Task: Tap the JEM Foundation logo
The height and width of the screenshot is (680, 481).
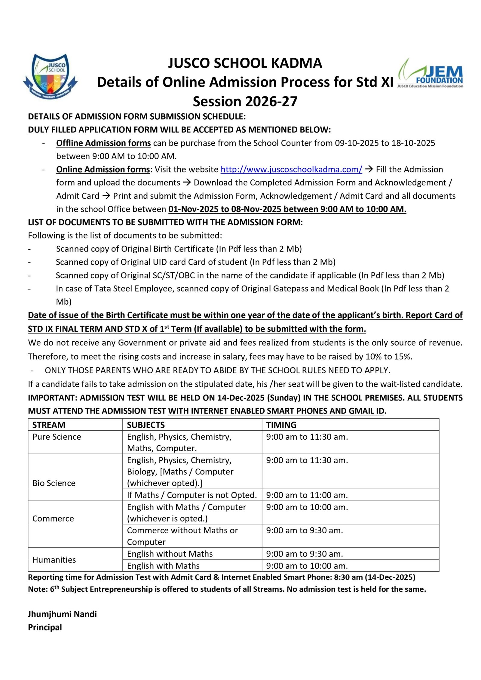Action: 430,73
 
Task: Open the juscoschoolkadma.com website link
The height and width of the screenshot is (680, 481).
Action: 291,169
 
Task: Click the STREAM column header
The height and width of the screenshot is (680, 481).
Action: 49,425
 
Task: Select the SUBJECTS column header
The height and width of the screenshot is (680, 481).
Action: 146,425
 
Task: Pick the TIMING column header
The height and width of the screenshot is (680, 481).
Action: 281,425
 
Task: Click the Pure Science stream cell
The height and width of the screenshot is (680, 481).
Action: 57,437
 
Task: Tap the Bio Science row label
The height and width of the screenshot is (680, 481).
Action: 54,483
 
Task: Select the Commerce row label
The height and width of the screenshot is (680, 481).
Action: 53,518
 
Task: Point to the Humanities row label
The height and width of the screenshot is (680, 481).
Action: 54,560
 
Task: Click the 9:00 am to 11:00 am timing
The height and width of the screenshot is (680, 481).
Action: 307,495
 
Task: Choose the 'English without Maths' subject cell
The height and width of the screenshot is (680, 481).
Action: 170,553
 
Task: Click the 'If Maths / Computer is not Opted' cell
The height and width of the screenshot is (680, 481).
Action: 192,495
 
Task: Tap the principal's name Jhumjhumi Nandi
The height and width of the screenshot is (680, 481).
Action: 62,614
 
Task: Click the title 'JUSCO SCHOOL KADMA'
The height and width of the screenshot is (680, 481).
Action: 245,63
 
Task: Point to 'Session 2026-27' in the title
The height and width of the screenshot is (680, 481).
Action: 245,101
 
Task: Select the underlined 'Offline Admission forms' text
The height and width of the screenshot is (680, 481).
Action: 103,143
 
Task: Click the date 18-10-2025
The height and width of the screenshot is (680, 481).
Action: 413,143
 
